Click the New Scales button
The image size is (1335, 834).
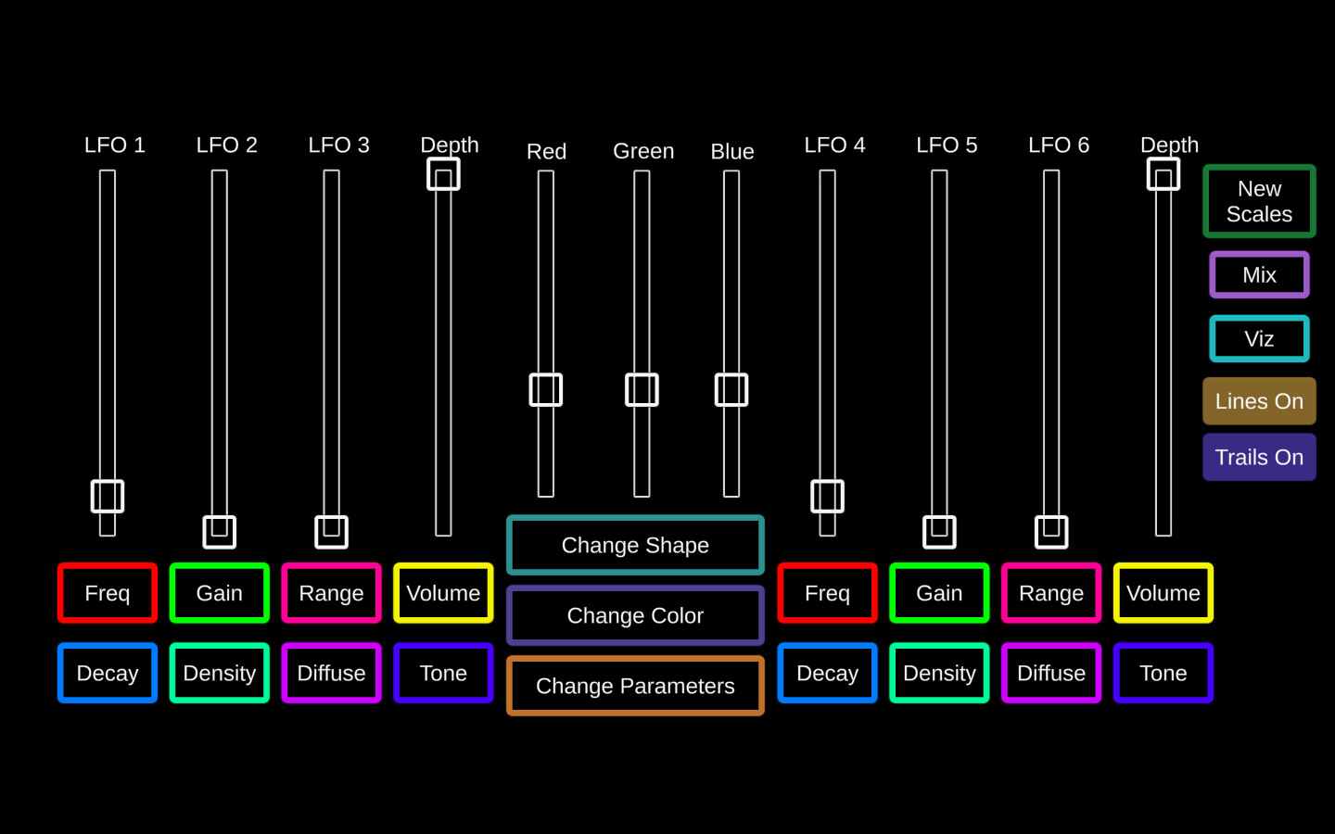pos(1259,201)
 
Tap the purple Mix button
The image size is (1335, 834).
pos(1259,274)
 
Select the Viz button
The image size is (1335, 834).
pos(1259,338)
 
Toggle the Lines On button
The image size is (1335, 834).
pos(1259,401)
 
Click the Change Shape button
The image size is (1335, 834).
pos(635,545)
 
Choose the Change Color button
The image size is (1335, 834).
pos(635,615)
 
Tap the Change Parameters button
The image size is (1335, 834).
pos(635,686)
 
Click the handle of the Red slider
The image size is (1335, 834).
pos(546,390)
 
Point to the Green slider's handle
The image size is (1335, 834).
pos(642,390)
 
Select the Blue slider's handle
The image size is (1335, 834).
pos(731,390)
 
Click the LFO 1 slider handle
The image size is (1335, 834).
pos(108,497)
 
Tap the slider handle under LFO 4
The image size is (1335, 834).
pos(827,497)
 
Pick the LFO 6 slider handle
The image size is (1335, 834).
pos(1051,532)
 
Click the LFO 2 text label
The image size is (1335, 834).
pos(226,145)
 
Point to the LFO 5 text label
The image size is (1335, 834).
pos(947,145)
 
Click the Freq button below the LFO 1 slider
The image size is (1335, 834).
pos(108,593)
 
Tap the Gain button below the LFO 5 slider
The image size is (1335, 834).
pos(939,593)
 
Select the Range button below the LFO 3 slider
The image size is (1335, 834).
pos(331,593)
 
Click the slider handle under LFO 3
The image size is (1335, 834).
pos(331,532)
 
